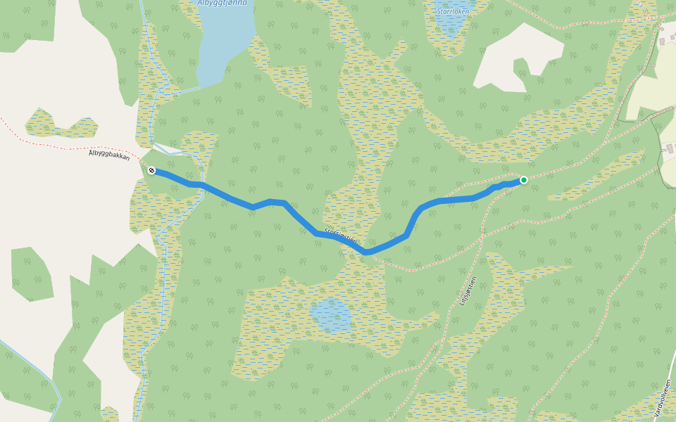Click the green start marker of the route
point(524,180)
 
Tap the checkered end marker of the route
point(151,170)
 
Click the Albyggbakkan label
point(110,156)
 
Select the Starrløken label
point(453,11)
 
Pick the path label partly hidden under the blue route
point(341,235)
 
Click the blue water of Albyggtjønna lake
point(225,42)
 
